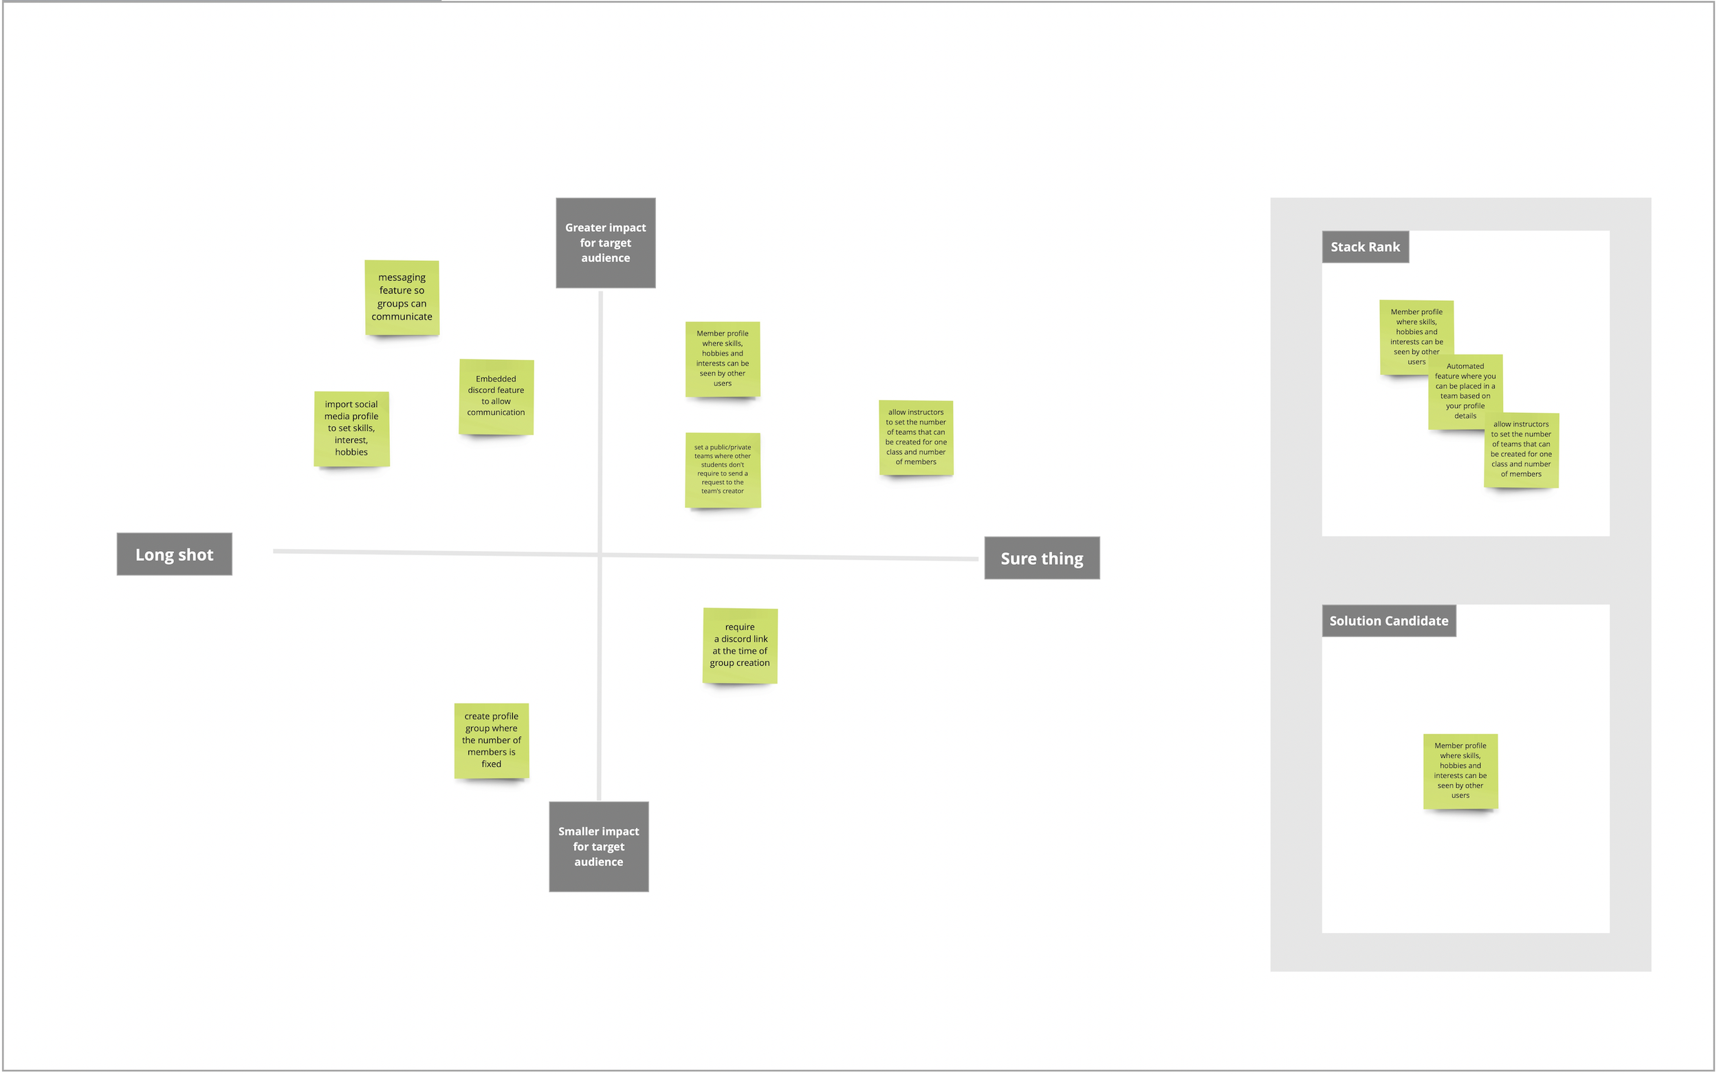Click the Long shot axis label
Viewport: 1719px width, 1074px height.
pyautogui.click(x=174, y=554)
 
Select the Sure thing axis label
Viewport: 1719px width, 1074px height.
pyautogui.click(x=1041, y=559)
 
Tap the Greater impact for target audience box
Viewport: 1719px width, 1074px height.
pyautogui.click(x=606, y=243)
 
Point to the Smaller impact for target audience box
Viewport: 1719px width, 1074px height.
pyautogui.click(x=598, y=846)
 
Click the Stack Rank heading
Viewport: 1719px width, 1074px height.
pyautogui.click(x=1364, y=247)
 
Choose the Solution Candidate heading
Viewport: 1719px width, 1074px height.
pyautogui.click(x=1388, y=620)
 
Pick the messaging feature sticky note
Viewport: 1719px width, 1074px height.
pyautogui.click(x=402, y=297)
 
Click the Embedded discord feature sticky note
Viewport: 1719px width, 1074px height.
pyautogui.click(x=496, y=396)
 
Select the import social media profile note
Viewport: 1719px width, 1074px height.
pyautogui.click(x=351, y=428)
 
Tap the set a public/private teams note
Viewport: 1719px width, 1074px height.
pyautogui.click(x=722, y=469)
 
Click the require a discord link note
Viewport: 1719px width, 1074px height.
pyautogui.click(x=739, y=645)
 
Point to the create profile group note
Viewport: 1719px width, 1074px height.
pyautogui.click(x=491, y=740)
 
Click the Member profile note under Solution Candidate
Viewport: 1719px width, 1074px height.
pyautogui.click(x=1460, y=771)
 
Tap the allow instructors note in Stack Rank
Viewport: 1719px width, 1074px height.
pyautogui.click(x=1521, y=449)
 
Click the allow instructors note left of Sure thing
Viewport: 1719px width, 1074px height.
pyautogui.click(x=915, y=437)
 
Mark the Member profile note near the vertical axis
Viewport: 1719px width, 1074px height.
pyautogui.click(x=722, y=359)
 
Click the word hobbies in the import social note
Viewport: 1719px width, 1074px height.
pyautogui.click(x=351, y=452)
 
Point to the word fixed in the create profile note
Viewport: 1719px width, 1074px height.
pyautogui.click(x=491, y=764)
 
